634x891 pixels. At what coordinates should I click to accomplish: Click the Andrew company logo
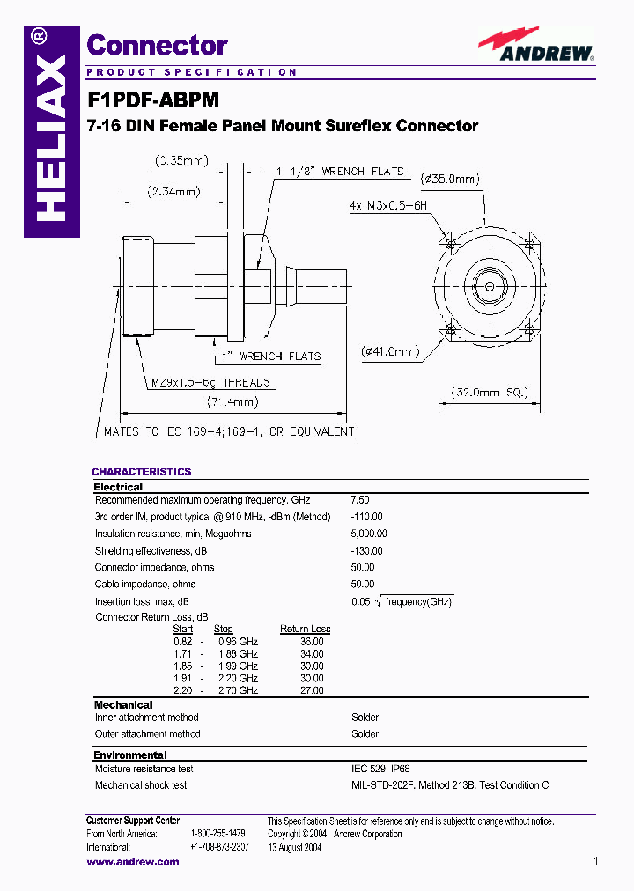(536, 45)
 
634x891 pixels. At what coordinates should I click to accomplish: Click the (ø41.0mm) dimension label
(390, 352)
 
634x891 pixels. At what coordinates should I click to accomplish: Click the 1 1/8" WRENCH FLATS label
(340, 172)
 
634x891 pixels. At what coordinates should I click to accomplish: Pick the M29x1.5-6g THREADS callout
(209, 383)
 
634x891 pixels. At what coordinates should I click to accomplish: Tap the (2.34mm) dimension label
(173, 191)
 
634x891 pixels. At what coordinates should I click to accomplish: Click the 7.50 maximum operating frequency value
(360, 500)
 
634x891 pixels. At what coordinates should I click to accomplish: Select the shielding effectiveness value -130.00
(366, 550)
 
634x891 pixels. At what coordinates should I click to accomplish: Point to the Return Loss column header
(305, 629)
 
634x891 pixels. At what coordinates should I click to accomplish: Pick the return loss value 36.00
(312, 642)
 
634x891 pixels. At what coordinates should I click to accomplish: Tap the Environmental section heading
(130, 755)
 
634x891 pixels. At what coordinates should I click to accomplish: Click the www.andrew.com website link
(132, 862)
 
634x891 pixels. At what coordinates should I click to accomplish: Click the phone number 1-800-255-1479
(217, 833)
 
